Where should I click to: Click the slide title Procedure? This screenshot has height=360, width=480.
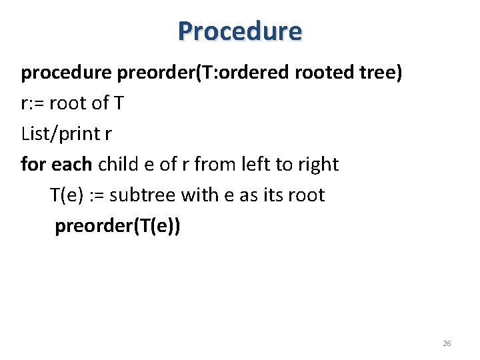(x=240, y=31)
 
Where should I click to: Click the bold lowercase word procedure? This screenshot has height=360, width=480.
(x=67, y=73)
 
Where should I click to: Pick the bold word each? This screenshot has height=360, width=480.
(x=71, y=164)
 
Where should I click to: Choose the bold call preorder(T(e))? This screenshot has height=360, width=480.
(x=117, y=227)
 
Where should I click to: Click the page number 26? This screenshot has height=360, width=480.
(x=447, y=343)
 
